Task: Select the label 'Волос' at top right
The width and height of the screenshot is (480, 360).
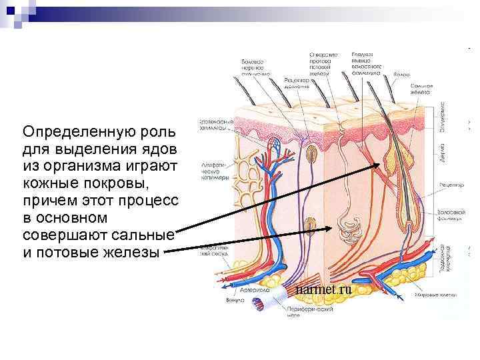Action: [401, 75]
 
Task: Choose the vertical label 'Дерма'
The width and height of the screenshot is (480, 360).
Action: [443, 157]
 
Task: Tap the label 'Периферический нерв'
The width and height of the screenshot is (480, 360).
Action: [306, 313]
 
